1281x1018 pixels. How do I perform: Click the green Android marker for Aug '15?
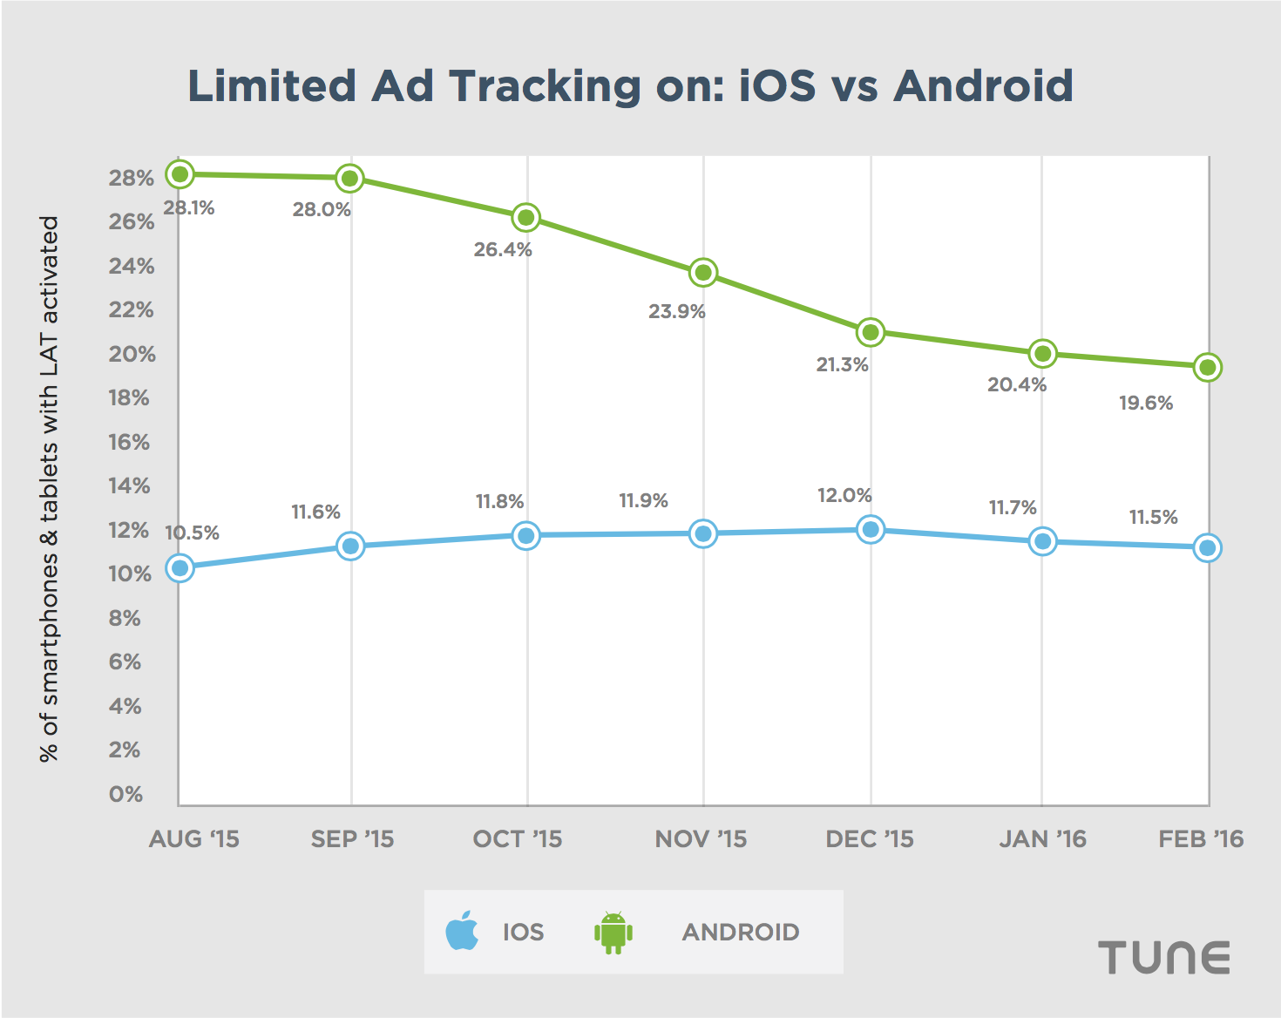180,174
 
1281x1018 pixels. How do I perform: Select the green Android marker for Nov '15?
703,273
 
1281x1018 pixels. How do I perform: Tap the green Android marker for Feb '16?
1208,367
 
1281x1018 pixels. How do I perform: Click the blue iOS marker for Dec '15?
871,529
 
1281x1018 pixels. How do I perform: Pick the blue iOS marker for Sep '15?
350,546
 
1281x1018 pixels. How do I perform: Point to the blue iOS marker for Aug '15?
180,568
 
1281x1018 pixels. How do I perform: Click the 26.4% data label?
503,250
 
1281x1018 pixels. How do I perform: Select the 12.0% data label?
844,496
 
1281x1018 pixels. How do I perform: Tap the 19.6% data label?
1146,404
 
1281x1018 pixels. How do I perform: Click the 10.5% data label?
193,533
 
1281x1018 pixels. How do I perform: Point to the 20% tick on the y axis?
132,354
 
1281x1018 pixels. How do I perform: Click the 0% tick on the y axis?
125,794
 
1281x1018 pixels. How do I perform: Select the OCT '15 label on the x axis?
518,839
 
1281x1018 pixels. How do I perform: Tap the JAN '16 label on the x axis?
1042,839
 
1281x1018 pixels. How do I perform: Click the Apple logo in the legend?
462,931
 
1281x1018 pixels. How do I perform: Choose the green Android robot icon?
613,932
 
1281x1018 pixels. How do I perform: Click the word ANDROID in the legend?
741,933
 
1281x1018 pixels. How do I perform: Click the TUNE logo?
1163,957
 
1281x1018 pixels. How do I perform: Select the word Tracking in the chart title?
545,86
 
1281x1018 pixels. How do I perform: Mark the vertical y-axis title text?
49,488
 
